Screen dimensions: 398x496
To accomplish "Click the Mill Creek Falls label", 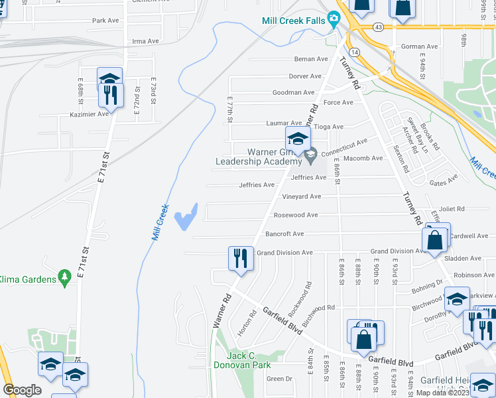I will click(294, 21).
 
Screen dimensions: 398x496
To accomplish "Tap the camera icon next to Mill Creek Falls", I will click(335, 19).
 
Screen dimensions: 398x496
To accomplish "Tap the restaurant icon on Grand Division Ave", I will click(240, 257).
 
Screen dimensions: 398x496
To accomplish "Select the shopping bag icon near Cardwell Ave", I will click(434, 241).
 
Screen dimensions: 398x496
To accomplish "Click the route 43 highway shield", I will click(377, 27).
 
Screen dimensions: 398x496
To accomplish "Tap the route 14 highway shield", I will click(356, 51).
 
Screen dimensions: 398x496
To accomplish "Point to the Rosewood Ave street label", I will click(296, 215).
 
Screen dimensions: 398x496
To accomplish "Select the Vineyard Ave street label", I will click(301, 196).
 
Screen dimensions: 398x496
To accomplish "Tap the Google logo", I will click(23, 390).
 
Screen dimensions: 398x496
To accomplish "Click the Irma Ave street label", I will click(146, 41).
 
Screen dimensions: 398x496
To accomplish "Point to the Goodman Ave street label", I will click(293, 92).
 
